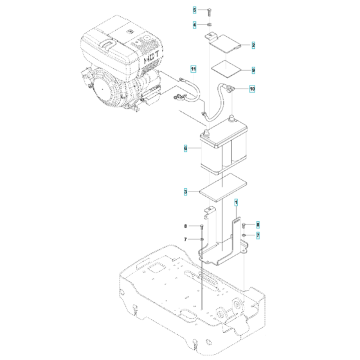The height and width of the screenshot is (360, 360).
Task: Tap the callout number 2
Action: pos(253,45)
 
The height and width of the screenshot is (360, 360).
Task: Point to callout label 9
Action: pos(253,69)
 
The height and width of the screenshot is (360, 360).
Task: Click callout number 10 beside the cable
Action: pos(252,89)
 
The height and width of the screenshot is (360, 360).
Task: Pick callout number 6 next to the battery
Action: pos(185,149)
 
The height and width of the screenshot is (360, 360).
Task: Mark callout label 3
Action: pos(185,192)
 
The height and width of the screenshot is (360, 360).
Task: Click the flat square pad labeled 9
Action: pos(226,69)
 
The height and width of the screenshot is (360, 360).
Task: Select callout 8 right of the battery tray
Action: pos(258,224)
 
